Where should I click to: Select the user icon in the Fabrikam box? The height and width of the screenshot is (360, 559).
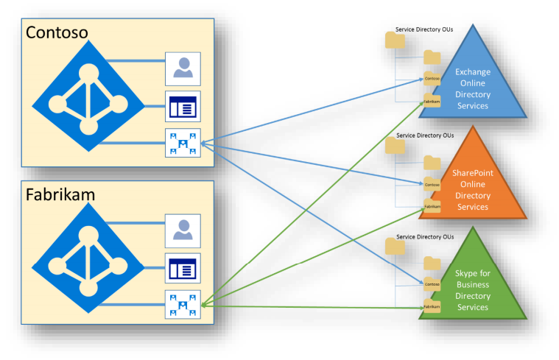pos(181,230)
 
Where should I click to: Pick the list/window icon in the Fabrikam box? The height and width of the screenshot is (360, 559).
pos(181,267)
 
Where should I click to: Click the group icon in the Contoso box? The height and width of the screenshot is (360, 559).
pos(181,142)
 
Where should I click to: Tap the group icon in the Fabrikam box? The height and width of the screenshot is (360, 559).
pos(181,304)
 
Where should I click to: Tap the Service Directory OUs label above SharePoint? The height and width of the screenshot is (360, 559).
pos(425,135)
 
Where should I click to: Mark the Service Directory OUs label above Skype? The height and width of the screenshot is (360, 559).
pos(425,236)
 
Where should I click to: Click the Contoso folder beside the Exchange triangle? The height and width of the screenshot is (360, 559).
pos(432,77)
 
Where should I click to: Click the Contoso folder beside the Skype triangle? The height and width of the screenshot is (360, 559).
pos(432,283)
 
